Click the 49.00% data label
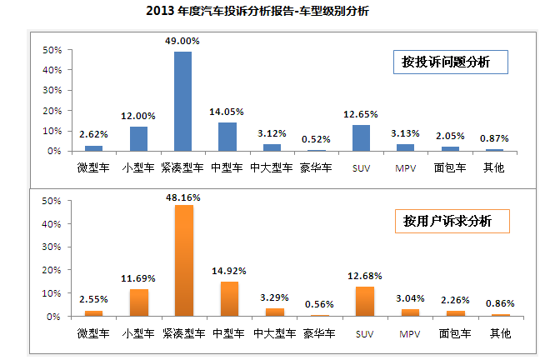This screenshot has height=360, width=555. pyautogui.click(x=182, y=39)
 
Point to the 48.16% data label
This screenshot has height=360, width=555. pyautogui.click(x=182, y=197)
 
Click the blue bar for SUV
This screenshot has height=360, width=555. pyautogui.click(x=362, y=138)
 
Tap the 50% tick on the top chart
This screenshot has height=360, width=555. pyautogui.click(x=52, y=50)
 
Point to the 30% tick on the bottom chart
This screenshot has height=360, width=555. pyautogui.click(x=52, y=247)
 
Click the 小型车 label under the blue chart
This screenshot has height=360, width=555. pyautogui.click(x=137, y=167)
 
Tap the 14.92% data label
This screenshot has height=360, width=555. pyautogui.click(x=227, y=270)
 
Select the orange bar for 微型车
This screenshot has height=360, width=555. pyautogui.click(x=94, y=314)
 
